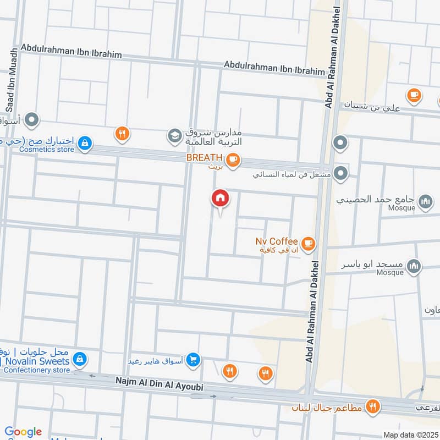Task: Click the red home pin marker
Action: (x=221, y=198)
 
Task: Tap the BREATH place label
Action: (x=204, y=157)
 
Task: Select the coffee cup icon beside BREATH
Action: (x=233, y=159)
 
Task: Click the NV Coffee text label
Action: (x=277, y=241)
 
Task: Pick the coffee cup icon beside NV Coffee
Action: (x=309, y=242)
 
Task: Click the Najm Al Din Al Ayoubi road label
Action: (x=159, y=384)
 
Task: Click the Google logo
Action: (x=23, y=432)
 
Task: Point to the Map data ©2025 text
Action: (x=410, y=435)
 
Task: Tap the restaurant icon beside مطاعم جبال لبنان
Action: (x=373, y=407)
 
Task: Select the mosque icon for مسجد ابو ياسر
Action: (x=414, y=267)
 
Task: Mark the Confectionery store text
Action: (x=36, y=370)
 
